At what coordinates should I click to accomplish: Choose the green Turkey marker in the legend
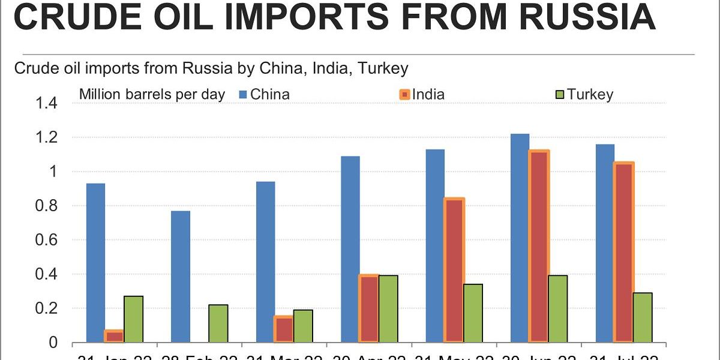(x=560, y=94)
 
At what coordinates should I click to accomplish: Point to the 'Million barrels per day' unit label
(x=152, y=94)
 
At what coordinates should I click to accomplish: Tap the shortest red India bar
(x=114, y=337)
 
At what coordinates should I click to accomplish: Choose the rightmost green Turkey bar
(x=643, y=317)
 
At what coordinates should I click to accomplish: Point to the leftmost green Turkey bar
(x=133, y=319)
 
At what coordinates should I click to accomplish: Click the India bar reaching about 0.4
(x=369, y=309)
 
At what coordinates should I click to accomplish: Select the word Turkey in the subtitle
(x=383, y=68)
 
